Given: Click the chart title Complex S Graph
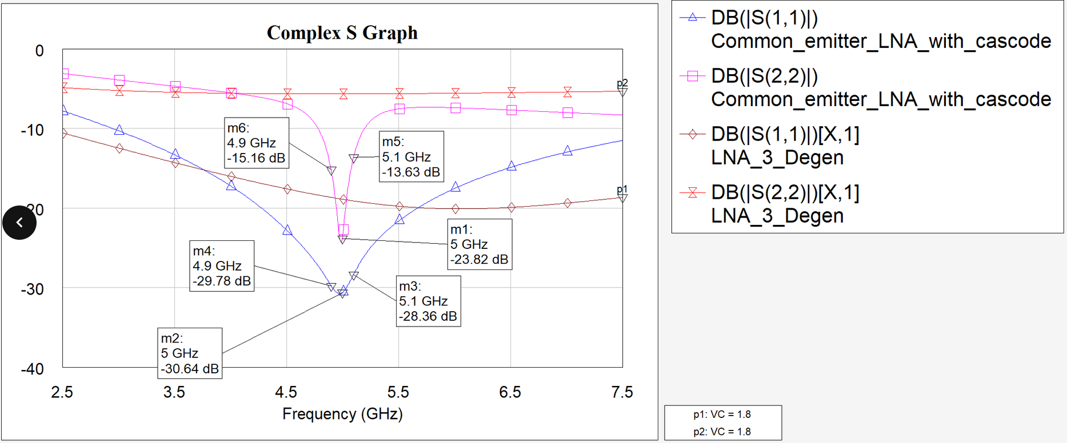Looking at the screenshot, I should click(342, 33).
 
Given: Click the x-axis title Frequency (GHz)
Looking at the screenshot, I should click(342, 414).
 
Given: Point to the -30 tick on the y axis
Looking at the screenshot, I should click(33, 289).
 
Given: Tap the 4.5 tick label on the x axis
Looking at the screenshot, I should click(286, 392).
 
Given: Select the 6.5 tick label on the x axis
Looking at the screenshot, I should click(510, 392).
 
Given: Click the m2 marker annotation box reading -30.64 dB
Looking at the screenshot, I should click(190, 353).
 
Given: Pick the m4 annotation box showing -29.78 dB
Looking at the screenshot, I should click(222, 266).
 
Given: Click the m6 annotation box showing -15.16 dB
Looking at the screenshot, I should click(256, 143).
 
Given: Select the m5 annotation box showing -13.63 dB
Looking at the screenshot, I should click(411, 157).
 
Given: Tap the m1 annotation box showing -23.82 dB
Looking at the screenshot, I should click(479, 244).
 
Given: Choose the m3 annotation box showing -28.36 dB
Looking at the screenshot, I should click(428, 301).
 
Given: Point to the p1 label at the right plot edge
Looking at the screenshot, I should click(622, 190).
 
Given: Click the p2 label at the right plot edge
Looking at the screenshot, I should click(622, 83).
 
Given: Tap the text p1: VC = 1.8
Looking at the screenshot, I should click(722, 414).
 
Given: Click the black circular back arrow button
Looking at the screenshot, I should click(19, 222).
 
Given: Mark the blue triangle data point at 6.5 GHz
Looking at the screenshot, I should click(511, 166).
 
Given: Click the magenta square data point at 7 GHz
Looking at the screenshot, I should click(568, 113).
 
